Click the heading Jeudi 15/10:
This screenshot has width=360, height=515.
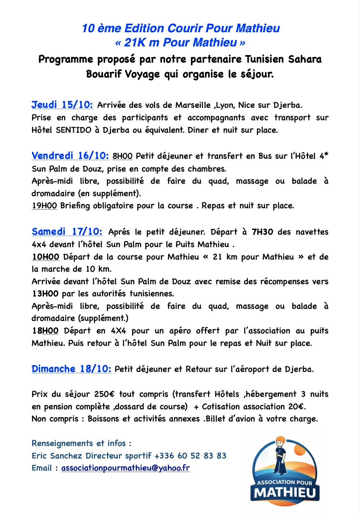pyautogui.click(x=62, y=105)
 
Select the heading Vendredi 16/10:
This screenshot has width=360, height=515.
pyautogui.click(x=70, y=156)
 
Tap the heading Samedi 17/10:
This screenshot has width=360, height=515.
pyautogui.click(x=67, y=231)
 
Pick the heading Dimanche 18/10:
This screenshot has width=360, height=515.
pyautogui.click(x=71, y=369)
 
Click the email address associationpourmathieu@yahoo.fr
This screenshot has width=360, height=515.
pyautogui.click(x=126, y=468)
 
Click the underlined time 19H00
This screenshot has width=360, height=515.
pyautogui.click(x=44, y=206)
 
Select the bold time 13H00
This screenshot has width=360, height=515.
pyautogui.click(x=45, y=294)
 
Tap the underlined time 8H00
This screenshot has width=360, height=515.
pyautogui.click(x=122, y=156)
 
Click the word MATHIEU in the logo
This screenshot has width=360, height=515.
pyautogui.click(x=285, y=492)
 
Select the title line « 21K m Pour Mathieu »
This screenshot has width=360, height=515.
pyautogui.click(x=180, y=43)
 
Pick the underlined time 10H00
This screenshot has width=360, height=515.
pyautogui.click(x=45, y=257)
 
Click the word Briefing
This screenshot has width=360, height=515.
pyautogui.click(x=75, y=206)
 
